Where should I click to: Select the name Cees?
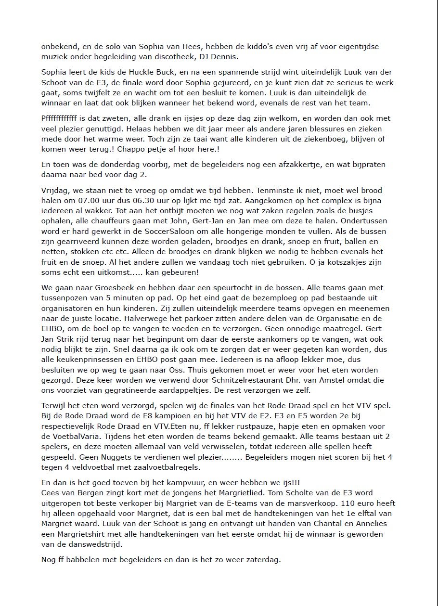pyautogui.click(x=50, y=492)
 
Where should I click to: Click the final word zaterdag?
pyautogui.click(x=263, y=560)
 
